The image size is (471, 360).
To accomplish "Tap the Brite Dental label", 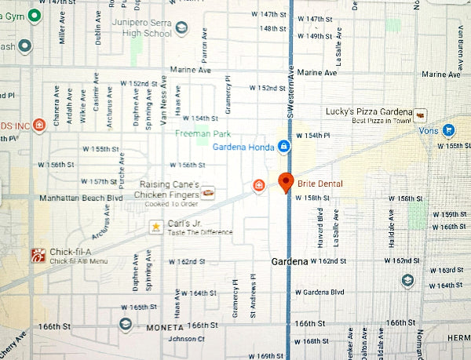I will pyautogui.click(x=320, y=184).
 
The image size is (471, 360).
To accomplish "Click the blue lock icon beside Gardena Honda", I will pyautogui.click(x=284, y=147).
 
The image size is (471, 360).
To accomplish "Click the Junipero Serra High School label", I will pyautogui.click(x=143, y=28).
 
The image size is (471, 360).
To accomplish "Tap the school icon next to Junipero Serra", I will pyautogui.click(x=182, y=29).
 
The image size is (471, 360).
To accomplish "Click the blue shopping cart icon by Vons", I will pyautogui.click(x=447, y=129).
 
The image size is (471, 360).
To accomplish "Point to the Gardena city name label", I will pyautogui.click(x=289, y=260).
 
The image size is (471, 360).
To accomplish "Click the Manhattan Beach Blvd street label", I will pyautogui.click(x=82, y=198).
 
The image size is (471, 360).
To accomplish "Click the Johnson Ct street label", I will pyautogui.click(x=187, y=339).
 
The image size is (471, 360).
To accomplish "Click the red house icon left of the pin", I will pyautogui.click(x=258, y=185).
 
